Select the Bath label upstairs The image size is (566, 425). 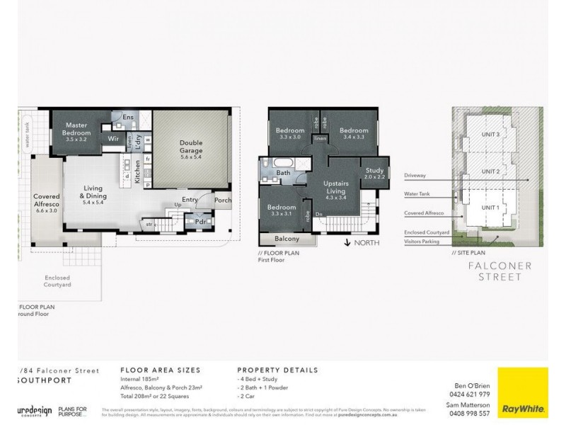pos(283,173)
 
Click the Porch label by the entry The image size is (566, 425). pos(223,200)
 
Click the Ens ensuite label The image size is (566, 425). pos(127,116)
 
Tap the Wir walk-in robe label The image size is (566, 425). pos(112,139)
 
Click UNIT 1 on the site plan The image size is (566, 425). pos(490,207)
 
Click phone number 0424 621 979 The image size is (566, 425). pos(470,393)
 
